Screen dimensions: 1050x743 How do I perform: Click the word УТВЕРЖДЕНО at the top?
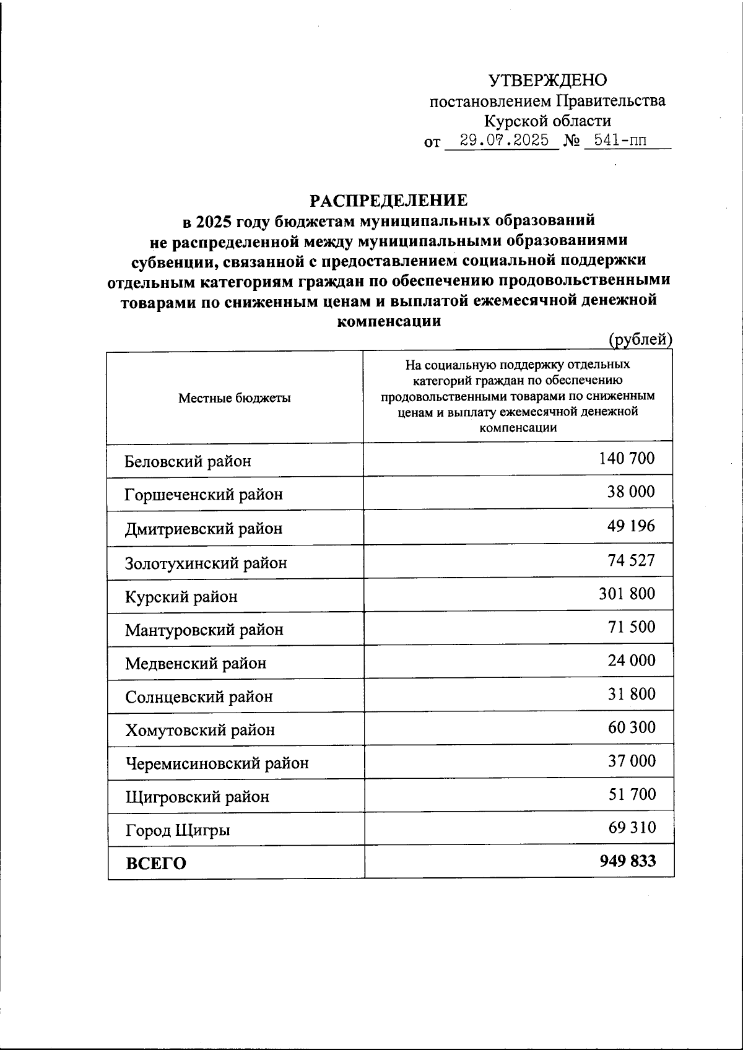[548, 80]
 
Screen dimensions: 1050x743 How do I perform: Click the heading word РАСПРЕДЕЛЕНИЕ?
[389, 201]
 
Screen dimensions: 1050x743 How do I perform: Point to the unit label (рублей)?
[640, 339]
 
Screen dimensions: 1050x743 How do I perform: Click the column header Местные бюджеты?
[235, 398]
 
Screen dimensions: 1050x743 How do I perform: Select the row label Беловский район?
[188, 462]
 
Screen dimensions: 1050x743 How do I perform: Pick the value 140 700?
[627, 458]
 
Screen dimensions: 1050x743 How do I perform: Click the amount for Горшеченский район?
[631, 492]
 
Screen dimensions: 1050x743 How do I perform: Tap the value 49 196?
[631, 526]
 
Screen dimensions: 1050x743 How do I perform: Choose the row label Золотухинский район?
[206, 563]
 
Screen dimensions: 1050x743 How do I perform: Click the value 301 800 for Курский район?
[627, 594]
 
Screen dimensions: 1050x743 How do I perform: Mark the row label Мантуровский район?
[204, 630]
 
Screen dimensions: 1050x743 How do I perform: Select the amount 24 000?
[631, 661]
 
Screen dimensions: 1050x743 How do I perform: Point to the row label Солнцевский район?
[199, 697]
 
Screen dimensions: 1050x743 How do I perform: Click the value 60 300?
[632, 727]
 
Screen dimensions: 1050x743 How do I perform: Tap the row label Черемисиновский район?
[217, 763]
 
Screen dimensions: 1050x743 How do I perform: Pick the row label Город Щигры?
[178, 830]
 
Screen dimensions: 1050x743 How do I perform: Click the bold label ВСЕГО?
[156, 864]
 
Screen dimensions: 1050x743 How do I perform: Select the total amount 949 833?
[628, 861]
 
